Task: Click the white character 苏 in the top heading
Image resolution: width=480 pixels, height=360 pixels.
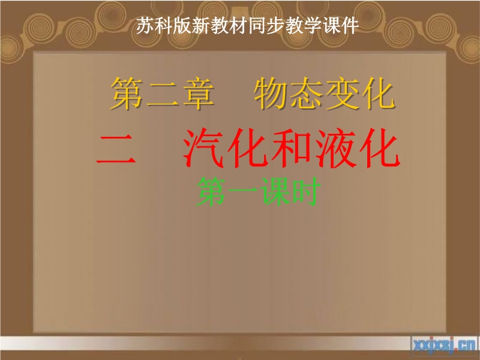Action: tap(145, 26)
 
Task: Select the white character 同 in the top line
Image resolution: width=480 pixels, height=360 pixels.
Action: tap(257, 26)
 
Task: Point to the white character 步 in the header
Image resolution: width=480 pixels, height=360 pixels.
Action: tap(275, 26)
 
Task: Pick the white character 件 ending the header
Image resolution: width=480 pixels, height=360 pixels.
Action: tap(350, 26)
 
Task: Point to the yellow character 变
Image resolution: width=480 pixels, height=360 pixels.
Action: tap(342, 93)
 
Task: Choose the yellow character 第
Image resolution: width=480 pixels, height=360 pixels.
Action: tap(127, 93)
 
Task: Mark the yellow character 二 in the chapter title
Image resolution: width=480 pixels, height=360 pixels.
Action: tap(163, 94)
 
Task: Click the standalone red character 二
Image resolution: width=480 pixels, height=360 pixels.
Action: tap(116, 149)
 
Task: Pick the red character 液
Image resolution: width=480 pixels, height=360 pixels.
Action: tap(336, 148)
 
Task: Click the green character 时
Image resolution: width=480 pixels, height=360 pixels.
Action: tap(306, 191)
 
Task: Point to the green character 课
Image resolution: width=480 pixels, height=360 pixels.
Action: tap(275, 191)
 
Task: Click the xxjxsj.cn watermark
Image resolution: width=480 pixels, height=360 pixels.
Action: tap(445, 346)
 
